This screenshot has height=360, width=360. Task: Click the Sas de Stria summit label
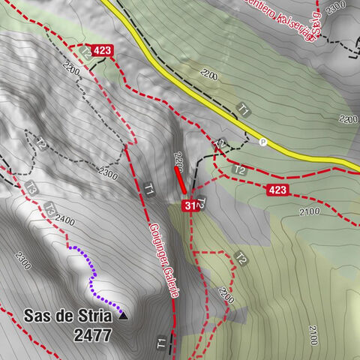pos(67,316)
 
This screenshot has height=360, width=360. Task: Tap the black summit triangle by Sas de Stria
pos(124,316)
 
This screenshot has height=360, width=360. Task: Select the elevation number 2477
pos(93,335)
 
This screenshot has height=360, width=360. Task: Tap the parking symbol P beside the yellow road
pos(262,142)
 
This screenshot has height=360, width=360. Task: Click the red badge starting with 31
pos(189,205)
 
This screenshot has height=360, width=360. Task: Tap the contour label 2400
pos(64,220)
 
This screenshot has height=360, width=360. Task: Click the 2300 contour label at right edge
pos(347,119)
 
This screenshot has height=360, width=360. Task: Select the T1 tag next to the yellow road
pos(243,109)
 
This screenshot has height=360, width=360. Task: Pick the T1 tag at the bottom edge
pos(162,344)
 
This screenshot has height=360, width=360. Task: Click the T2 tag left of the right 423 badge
pos(240,171)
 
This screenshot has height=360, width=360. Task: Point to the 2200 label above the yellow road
pos(208,76)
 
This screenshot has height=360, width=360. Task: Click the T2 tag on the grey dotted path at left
pos(41,145)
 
